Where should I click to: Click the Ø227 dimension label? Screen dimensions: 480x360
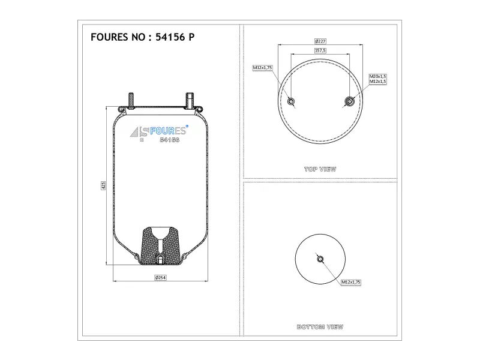click(x=320, y=41)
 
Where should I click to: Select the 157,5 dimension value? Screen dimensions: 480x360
click(x=320, y=50)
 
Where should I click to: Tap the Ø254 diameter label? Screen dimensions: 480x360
click(x=160, y=278)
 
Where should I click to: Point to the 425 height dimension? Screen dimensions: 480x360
click(x=103, y=185)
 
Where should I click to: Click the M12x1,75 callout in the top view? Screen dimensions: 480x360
click(x=262, y=68)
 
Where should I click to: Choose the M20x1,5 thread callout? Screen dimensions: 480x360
click(x=378, y=76)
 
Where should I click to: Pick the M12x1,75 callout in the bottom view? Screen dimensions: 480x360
click(x=351, y=282)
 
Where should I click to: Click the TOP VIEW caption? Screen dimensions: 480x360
click(x=320, y=169)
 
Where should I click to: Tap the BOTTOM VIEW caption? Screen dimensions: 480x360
click(x=320, y=327)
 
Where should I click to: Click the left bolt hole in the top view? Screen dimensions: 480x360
click(x=291, y=101)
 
